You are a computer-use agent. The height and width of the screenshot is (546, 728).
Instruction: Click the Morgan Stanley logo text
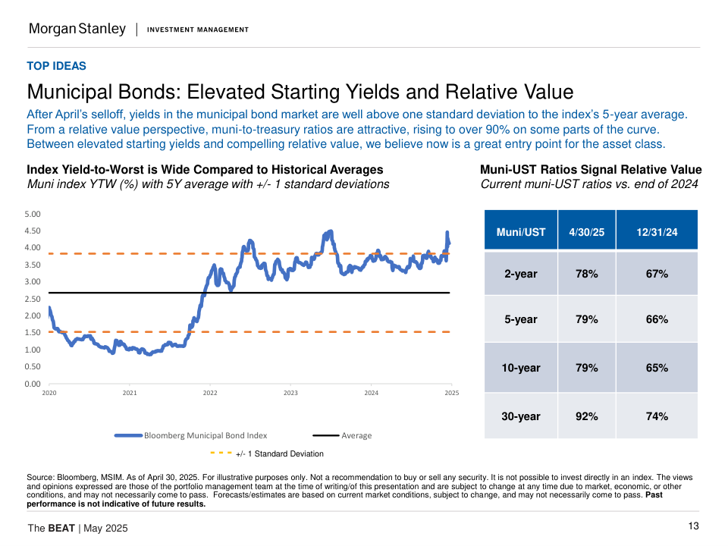pyautogui.click(x=77, y=29)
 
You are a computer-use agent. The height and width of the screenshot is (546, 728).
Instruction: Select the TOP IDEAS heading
pyautogui.click(x=57, y=66)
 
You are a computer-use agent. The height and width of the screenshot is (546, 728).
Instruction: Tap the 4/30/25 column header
pyautogui.click(x=586, y=232)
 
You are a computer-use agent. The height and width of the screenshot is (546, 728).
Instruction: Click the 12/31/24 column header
pyautogui.click(x=657, y=232)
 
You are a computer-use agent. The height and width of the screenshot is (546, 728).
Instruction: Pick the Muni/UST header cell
pyautogui.click(x=520, y=232)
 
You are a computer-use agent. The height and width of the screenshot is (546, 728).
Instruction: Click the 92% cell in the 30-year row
pyautogui.click(x=586, y=416)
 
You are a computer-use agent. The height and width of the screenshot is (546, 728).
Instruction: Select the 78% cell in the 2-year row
pyautogui.click(x=586, y=274)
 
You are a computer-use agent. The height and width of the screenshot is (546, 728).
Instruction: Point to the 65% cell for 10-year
pyautogui.click(x=657, y=368)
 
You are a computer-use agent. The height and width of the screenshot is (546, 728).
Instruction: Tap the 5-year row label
pyautogui.click(x=520, y=319)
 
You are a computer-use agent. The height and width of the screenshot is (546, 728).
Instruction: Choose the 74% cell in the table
pyautogui.click(x=657, y=416)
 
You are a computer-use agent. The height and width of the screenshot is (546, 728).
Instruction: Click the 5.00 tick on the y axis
pyautogui.click(x=33, y=214)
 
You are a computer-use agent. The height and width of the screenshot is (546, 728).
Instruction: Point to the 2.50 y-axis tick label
pyautogui.click(x=33, y=299)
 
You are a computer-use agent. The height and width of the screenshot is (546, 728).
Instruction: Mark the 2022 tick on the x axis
pyautogui.click(x=210, y=393)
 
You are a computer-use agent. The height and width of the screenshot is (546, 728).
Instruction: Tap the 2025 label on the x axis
pyautogui.click(x=451, y=393)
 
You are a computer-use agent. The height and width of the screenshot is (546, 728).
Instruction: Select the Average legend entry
pyautogui.click(x=356, y=435)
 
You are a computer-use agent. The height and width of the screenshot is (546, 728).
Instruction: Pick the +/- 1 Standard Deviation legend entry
pyautogui.click(x=279, y=453)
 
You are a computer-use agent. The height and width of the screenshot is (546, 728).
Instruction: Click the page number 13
pyautogui.click(x=693, y=526)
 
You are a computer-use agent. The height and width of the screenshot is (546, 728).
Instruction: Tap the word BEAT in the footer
pyautogui.click(x=61, y=528)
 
